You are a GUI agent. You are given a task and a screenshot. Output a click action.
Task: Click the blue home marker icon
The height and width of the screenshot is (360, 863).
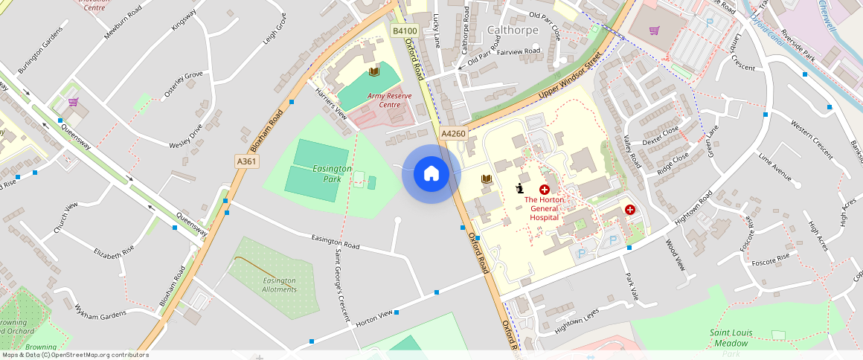(431, 174)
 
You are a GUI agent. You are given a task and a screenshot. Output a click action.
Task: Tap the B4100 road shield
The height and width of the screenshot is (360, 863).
(404, 30)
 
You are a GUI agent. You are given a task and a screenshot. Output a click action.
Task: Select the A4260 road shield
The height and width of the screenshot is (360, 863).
(453, 134)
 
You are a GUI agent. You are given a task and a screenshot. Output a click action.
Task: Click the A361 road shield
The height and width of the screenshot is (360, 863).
(247, 161)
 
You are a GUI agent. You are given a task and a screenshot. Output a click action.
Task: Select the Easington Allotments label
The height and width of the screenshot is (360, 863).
(280, 285)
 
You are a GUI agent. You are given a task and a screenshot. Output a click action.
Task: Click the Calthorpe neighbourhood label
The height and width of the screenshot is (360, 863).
(513, 30)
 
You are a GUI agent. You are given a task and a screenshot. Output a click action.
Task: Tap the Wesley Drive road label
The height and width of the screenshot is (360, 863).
(186, 135)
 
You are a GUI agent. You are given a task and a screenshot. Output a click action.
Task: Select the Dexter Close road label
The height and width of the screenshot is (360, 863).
(661, 135)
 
